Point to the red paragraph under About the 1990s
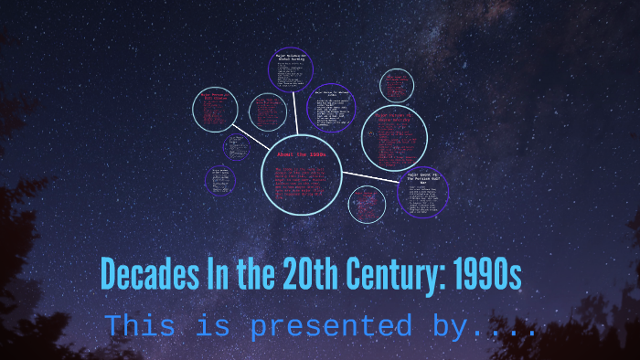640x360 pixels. click(x=301, y=183)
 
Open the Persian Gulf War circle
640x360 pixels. click(x=423, y=191)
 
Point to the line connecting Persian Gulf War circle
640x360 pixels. click(x=370, y=175)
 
